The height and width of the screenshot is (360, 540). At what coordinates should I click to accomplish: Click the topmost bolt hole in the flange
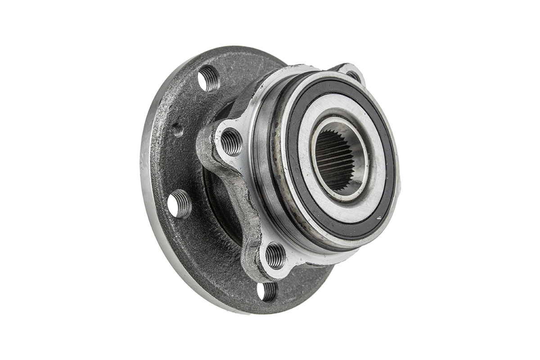[208, 79]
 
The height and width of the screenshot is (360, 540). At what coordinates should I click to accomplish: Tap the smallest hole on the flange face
[177, 130]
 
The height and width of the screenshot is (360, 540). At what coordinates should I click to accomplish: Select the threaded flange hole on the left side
[180, 204]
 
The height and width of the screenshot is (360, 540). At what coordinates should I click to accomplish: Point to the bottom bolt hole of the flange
[266, 291]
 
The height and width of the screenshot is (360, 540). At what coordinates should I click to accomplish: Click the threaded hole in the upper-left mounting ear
[231, 142]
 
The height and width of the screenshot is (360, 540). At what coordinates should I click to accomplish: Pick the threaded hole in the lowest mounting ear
[275, 256]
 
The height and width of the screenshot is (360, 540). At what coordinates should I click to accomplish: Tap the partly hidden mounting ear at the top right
[351, 72]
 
